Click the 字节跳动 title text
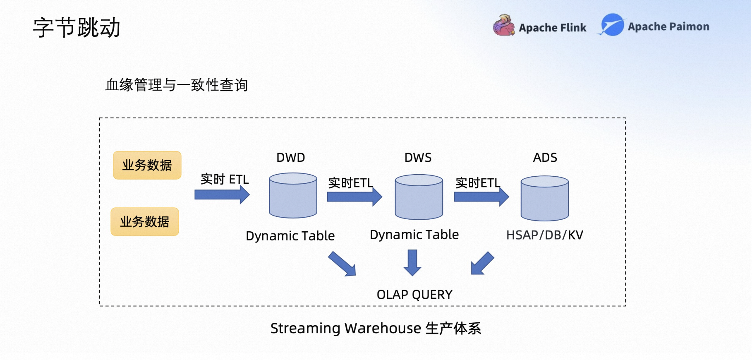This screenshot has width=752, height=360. pyautogui.click(x=77, y=28)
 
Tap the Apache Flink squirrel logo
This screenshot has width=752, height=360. pyautogui.click(x=504, y=25)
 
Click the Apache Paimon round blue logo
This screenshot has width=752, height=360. pyautogui.click(x=612, y=25)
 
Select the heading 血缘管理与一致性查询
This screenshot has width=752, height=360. pyautogui.click(x=177, y=85)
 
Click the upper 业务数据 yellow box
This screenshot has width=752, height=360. pyautogui.click(x=147, y=165)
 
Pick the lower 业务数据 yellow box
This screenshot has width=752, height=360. pyautogui.click(x=145, y=222)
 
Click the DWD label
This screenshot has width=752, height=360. pyautogui.click(x=291, y=158)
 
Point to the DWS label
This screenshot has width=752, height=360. pyautogui.click(x=418, y=158)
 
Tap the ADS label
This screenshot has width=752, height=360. pyautogui.click(x=545, y=158)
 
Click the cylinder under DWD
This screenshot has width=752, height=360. pyautogui.click(x=293, y=195)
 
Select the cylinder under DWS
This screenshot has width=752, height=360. pyautogui.click(x=419, y=197)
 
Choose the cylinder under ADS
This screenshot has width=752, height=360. pyautogui.click(x=545, y=198)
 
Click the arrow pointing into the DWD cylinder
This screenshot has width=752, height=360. pyautogui.click(x=222, y=194)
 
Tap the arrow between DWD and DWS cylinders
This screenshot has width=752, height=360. pyautogui.click(x=354, y=197)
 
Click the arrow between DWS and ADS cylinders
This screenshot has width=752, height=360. pyautogui.click(x=481, y=197)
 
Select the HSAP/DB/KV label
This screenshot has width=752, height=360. pyautogui.click(x=545, y=235)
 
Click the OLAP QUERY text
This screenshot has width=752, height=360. pyautogui.click(x=414, y=295)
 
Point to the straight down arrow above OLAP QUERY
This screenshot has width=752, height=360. pyautogui.click(x=412, y=262)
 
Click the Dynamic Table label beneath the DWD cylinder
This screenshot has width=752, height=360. pyautogui.click(x=290, y=236)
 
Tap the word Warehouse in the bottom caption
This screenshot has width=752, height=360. pyautogui.click(x=383, y=328)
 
